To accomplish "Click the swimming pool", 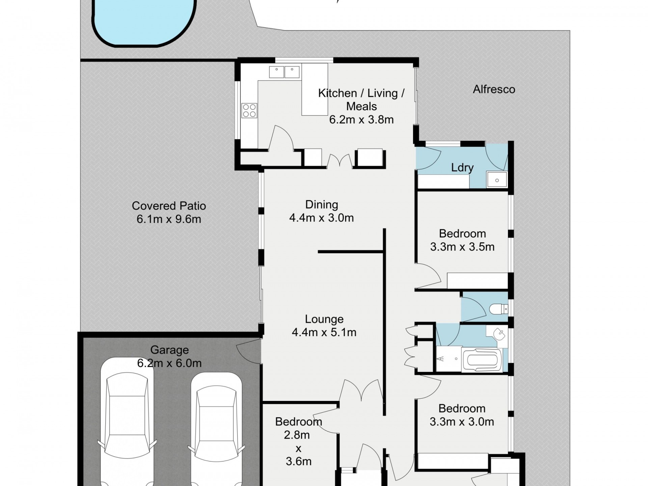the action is [x=144, y=20].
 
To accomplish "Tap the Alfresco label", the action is [x=494, y=89].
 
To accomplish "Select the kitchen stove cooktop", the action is [x=249, y=111].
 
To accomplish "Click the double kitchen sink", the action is [x=284, y=72].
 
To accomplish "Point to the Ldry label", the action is [x=462, y=168].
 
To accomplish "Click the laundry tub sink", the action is [x=496, y=180].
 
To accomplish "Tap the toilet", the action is [x=498, y=308].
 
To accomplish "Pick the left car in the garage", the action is [x=127, y=422].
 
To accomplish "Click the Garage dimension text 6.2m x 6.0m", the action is [x=169, y=363].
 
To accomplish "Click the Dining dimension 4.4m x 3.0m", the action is [x=321, y=218].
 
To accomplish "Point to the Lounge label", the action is [x=324, y=319].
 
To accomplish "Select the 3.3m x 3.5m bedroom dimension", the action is [x=462, y=247].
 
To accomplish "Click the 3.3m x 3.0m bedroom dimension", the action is [x=462, y=422].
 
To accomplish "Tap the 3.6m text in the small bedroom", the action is [x=299, y=461].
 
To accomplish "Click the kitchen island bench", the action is [x=315, y=89].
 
